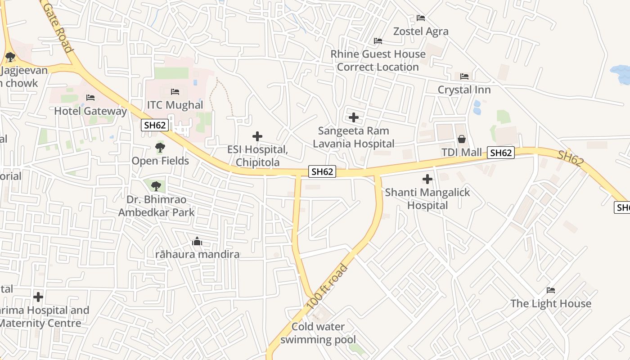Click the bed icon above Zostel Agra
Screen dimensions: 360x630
[421, 18]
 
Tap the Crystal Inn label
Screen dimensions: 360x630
[464, 90]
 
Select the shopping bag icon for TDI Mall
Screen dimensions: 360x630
[461, 139]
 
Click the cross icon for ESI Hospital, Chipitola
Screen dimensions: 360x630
[257, 136]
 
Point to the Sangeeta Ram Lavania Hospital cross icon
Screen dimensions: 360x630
[354, 118]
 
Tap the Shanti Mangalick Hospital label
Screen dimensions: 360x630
[427, 198]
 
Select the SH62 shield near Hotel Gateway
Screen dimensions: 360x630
[155, 125]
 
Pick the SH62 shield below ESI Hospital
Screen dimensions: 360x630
[323, 171]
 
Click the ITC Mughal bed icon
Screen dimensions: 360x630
[175, 92]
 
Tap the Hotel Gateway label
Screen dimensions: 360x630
[90, 111]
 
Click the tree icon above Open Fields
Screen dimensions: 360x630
[160, 147]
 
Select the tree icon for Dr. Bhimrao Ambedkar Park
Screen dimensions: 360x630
[156, 185]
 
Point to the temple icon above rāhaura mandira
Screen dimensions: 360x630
[197, 242]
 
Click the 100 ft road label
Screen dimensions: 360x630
[327, 287]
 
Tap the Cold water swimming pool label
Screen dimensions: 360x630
[318, 333]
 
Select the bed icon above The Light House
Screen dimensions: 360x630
[550, 290]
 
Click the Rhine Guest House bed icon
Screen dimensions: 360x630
[378, 41]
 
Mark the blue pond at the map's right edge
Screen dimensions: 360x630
[621, 73]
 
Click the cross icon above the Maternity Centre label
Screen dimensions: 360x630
[38, 297]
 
